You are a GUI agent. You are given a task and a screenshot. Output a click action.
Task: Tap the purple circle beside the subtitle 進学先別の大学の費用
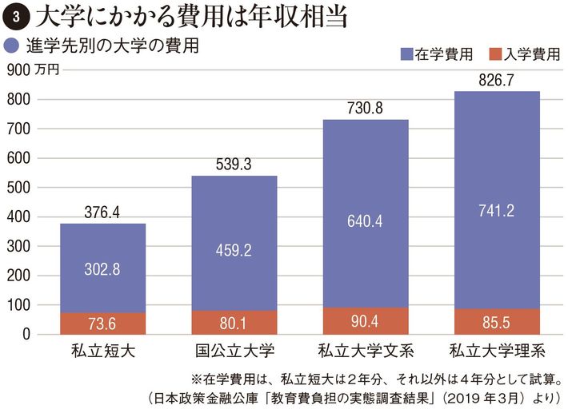[x=12, y=45]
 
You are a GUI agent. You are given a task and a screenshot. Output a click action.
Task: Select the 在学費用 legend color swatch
[x=404, y=54]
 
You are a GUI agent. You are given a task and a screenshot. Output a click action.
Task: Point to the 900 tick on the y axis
[x=17, y=69]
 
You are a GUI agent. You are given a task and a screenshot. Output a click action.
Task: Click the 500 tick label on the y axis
[x=17, y=188]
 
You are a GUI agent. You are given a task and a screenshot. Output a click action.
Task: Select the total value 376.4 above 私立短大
[x=102, y=212]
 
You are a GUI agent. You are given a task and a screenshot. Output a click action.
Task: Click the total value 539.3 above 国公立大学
[x=234, y=165]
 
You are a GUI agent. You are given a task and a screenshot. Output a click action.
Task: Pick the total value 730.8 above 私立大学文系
[x=365, y=109]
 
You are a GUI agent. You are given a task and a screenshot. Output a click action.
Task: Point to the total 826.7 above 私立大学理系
[x=496, y=80]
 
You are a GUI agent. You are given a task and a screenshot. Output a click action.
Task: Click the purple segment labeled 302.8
[x=102, y=268]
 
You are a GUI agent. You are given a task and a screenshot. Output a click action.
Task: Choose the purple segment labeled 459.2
[x=234, y=250]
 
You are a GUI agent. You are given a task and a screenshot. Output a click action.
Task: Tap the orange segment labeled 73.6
[x=102, y=324]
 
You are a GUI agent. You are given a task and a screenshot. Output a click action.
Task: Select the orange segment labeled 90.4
[x=365, y=321]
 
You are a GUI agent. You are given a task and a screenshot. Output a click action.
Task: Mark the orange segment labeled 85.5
[x=496, y=322]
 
